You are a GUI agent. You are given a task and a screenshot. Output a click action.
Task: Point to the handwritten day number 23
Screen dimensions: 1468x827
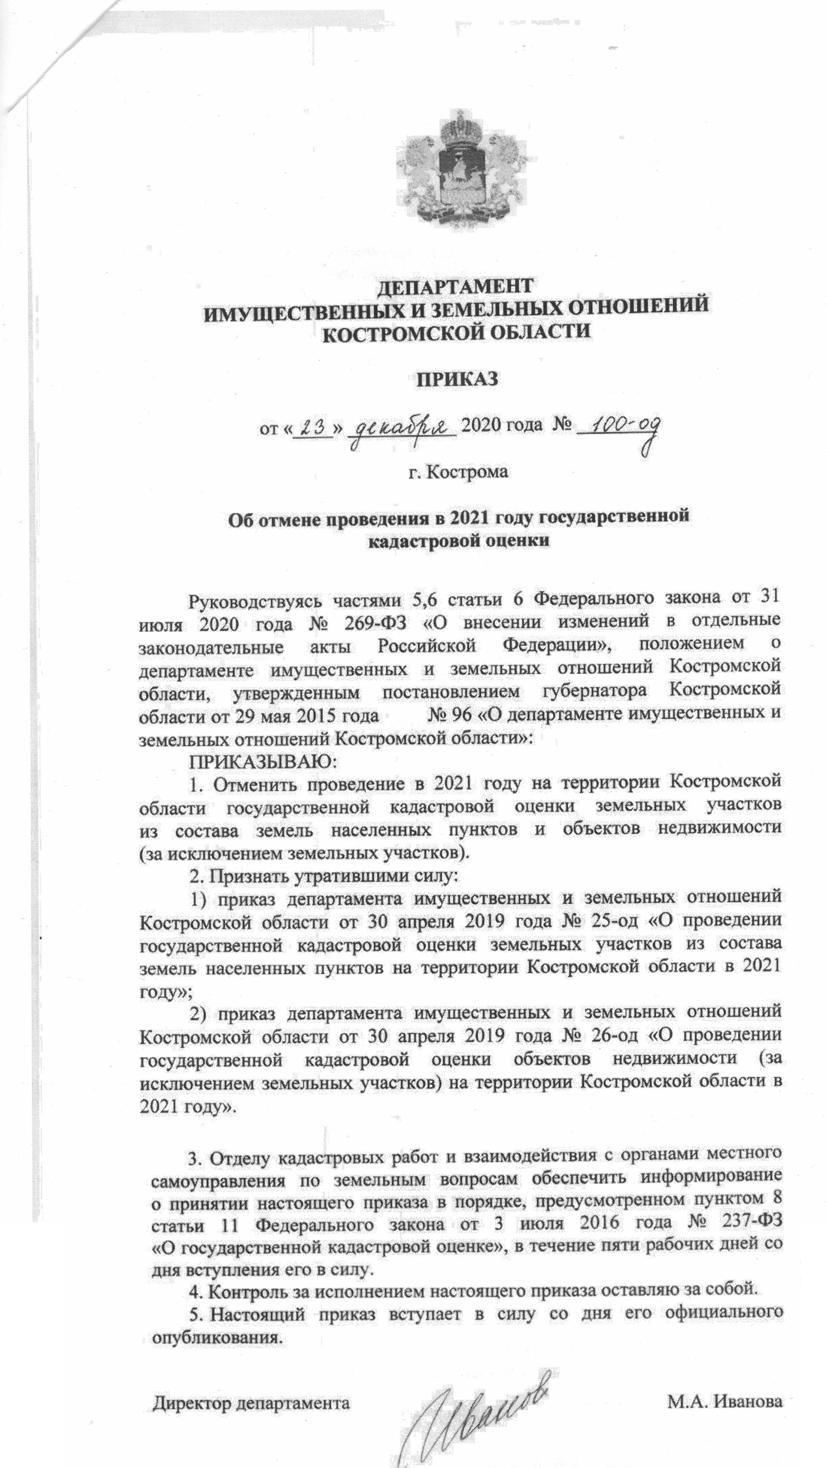tap(312, 426)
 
